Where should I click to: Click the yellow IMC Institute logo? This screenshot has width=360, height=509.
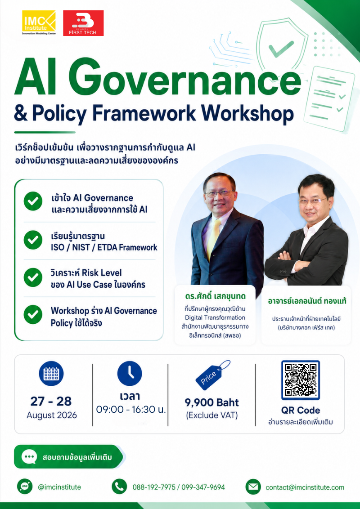(x=39, y=23)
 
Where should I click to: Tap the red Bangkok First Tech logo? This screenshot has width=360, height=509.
(x=83, y=23)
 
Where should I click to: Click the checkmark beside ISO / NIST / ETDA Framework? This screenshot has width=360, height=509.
(x=33, y=240)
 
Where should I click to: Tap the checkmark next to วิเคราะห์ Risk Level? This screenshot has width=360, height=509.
(x=33, y=277)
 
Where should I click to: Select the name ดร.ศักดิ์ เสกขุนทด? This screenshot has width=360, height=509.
(x=215, y=297)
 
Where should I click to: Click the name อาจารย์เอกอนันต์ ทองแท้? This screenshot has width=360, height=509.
(x=307, y=301)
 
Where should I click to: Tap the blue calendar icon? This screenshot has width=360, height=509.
(x=51, y=373)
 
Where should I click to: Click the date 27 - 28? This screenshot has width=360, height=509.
(x=51, y=401)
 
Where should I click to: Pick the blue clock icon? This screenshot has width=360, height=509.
(x=130, y=373)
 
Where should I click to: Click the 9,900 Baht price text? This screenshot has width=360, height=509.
(x=212, y=402)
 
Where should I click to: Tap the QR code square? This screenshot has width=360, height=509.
(x=301, y=380)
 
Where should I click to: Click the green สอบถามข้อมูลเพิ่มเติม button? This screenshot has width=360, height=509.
(x=69, y=457)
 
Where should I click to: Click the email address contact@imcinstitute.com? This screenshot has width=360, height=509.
(x=305, y=487)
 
